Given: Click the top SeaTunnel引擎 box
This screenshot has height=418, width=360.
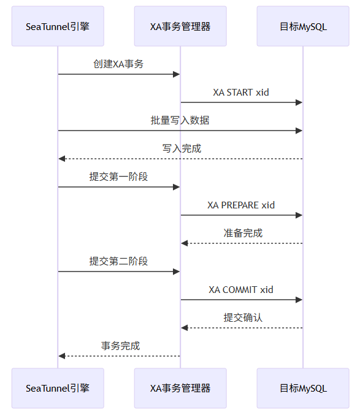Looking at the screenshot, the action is [58, 26].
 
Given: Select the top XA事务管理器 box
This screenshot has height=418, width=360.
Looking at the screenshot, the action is [180, 26].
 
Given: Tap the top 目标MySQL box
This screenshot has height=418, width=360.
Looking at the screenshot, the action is [303, 26].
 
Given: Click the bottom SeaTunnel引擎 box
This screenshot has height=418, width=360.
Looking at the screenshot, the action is [58, 388].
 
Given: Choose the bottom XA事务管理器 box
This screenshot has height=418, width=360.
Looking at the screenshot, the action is [180, 388].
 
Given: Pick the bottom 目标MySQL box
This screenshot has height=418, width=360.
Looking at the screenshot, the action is [303, 388].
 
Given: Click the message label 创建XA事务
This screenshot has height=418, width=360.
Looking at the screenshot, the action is [118, 64].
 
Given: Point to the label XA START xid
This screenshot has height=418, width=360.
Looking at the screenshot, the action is [241, 92].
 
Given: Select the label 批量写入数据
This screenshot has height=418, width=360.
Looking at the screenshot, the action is [180, 120].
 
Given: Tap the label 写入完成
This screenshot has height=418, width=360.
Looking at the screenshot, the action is [182, 148].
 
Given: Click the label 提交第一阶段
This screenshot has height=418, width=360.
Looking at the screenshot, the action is [118, 177].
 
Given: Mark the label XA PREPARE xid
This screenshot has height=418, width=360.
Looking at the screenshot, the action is [241, 205].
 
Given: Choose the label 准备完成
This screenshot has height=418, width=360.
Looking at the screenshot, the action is [243, 233].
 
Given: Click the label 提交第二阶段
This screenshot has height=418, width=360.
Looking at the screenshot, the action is [118, 261].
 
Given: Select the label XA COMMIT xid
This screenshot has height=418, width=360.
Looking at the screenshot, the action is [241, 289].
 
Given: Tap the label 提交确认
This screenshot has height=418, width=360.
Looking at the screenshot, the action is [243, 317].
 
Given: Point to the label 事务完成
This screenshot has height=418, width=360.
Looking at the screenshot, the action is [120, 346].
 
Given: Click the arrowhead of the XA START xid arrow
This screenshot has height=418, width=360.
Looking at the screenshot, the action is [299, 102].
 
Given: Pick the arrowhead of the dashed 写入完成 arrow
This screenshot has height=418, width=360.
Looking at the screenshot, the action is [62, 159].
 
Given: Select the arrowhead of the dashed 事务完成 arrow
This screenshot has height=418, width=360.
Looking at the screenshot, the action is [62, 356].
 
